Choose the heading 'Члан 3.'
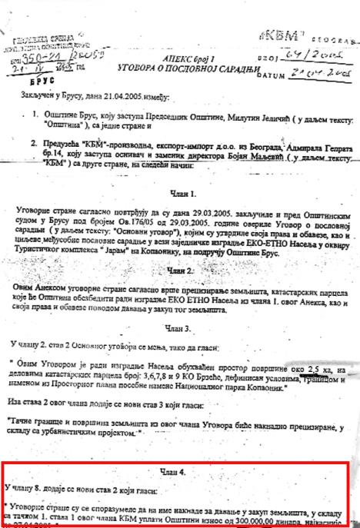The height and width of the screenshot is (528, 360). (179, 328)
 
